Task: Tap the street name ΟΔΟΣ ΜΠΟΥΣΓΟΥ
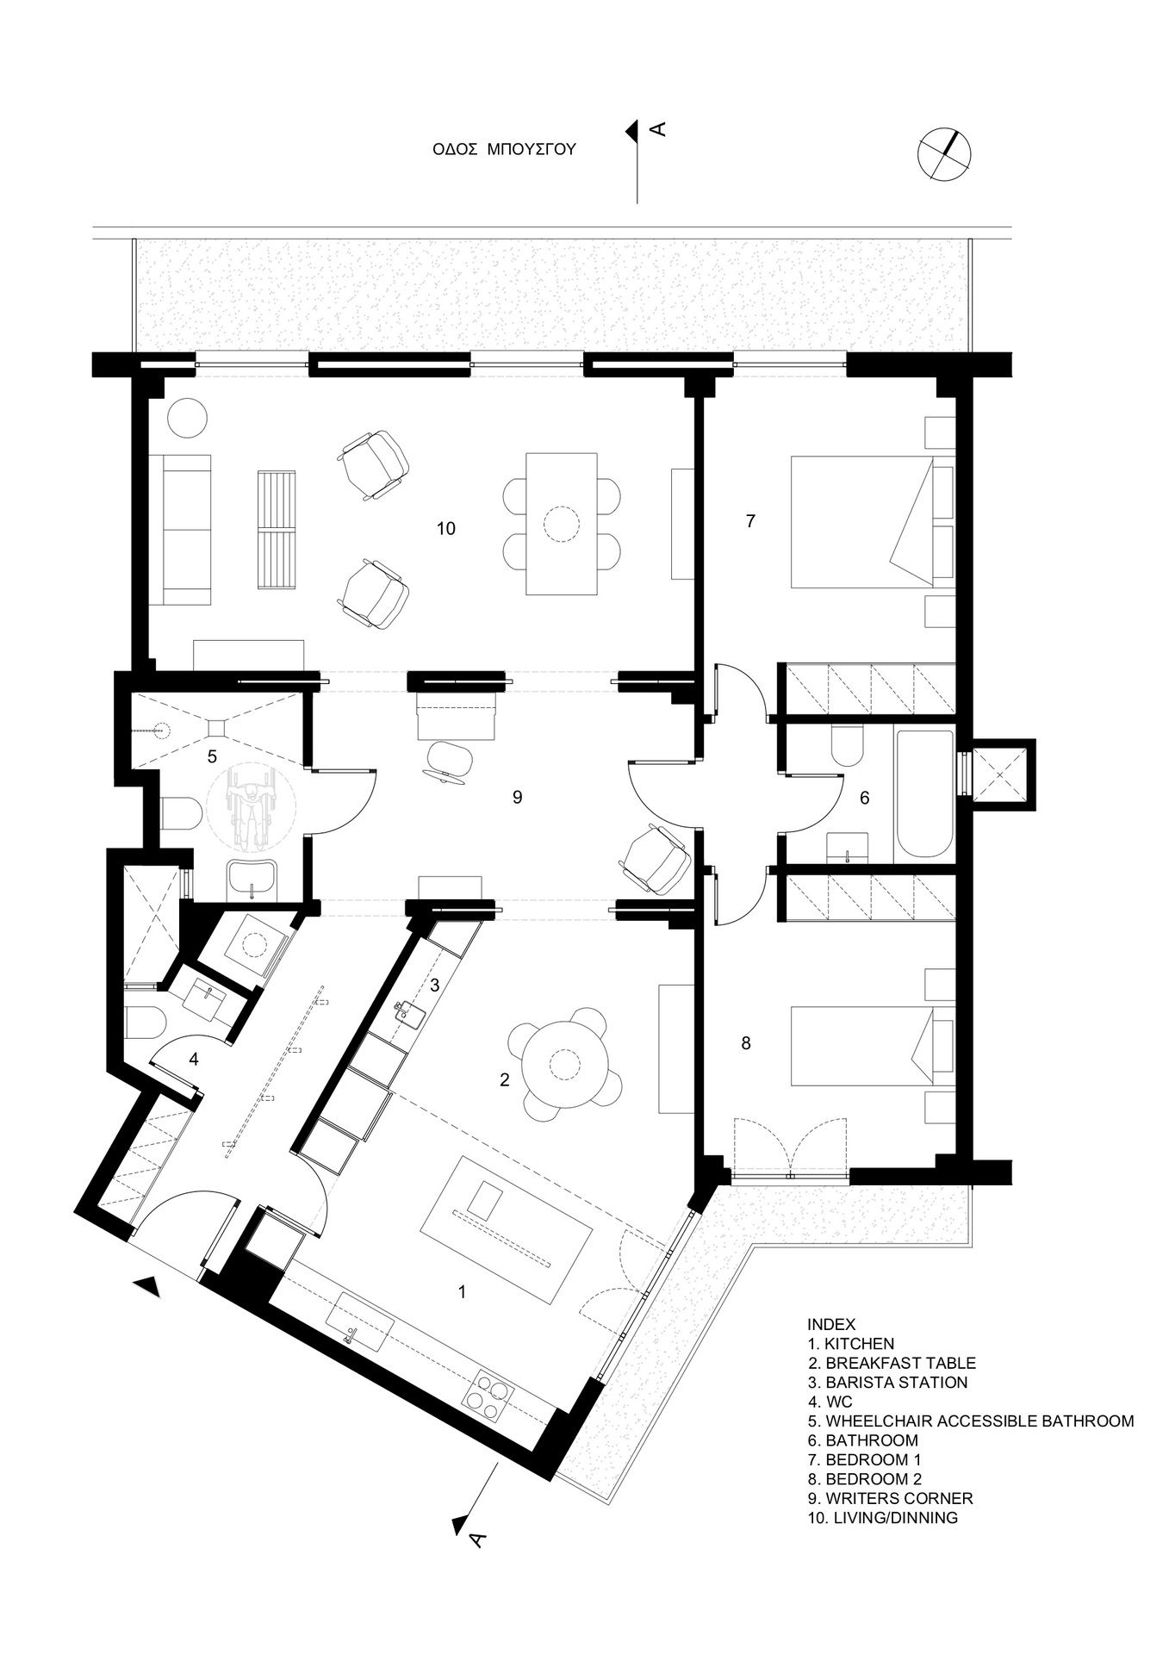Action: click(504, 149)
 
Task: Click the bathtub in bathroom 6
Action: click(924, 794)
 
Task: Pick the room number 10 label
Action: click(445, 528)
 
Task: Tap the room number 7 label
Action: click(750, 521)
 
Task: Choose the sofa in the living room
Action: click(180, 528)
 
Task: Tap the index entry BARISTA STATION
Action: click(896, 1383)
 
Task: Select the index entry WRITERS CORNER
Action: click(899, 1498)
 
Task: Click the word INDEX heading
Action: click(831, 1324)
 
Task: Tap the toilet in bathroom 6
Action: click(848, 747)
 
